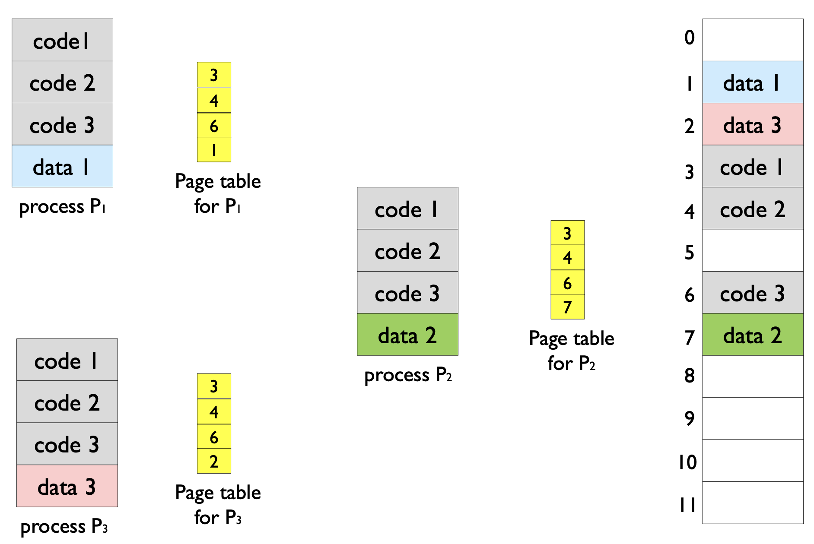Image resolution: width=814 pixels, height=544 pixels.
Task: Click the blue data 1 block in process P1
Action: click(62, 166)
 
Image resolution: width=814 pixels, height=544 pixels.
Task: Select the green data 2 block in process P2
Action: click(407, 335)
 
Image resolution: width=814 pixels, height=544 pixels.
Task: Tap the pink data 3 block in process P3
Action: click(67, 486)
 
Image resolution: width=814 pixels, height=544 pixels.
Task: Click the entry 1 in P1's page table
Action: click(214, 150)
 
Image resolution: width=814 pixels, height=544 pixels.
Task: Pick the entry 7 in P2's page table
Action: click(567, 307)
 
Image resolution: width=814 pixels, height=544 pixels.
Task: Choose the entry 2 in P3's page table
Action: click(214, 461)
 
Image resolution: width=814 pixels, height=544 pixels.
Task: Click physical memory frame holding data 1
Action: click(753, 82)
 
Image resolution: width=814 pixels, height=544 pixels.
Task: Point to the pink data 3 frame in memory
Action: click(753, 124)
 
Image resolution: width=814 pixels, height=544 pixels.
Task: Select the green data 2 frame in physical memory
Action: click(753, 335)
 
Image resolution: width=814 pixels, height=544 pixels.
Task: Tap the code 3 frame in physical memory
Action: click(753, 293)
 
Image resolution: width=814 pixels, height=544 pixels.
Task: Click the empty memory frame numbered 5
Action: click(753, 250)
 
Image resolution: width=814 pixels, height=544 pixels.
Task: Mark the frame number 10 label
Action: click(687, 462)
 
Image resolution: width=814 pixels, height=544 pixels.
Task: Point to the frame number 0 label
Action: click(690, 38)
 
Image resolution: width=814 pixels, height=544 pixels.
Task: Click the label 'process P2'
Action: click(408, 375)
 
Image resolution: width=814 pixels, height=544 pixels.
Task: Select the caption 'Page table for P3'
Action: click(218, 505)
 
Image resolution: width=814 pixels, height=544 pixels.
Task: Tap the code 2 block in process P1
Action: click(62, 82)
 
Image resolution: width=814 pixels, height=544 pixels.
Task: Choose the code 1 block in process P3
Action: click(67, 360)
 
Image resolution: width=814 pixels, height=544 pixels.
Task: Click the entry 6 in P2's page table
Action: click(567, 283)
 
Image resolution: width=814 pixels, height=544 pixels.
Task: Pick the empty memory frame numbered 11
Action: click(753, 503)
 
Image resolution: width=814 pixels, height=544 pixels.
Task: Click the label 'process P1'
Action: click(62, 206)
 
